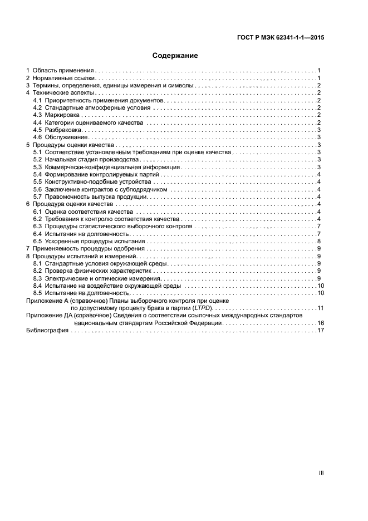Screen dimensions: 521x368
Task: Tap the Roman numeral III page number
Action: [x=321, y=473]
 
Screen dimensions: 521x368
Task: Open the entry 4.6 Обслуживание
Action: [x=57, y=137]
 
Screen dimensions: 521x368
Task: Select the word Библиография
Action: [x=47, y=331]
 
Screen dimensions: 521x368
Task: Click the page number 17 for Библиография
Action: [x=320, y=331]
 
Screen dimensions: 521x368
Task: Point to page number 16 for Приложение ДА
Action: [x=320, y=323]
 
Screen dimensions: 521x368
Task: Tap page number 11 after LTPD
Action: [x=320, y=308]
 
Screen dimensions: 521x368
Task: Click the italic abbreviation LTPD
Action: [x=202, y=308]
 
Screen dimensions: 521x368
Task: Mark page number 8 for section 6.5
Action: [x=318, y=241]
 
